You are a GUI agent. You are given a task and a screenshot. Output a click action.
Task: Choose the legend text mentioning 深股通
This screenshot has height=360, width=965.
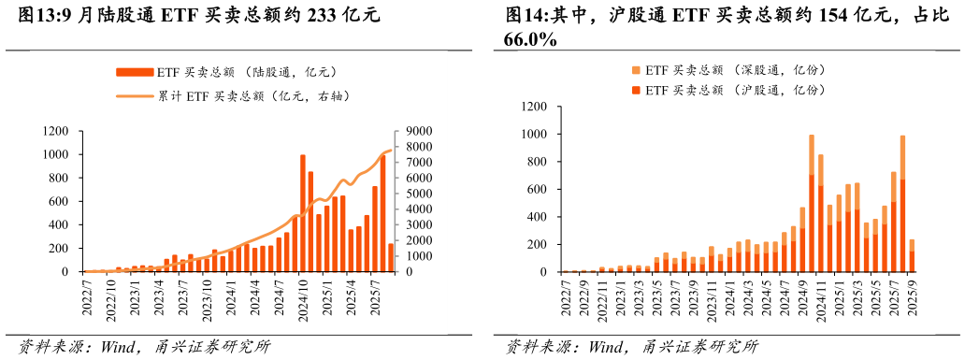(736, 70)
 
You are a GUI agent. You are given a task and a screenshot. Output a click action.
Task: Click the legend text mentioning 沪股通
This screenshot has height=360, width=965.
(736, 90)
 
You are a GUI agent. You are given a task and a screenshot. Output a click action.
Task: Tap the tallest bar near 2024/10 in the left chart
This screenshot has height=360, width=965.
(303, 213)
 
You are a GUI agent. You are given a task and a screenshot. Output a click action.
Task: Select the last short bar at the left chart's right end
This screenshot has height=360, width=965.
(391, 258)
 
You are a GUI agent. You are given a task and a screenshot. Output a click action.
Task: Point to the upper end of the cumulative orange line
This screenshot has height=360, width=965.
(391, 151)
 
